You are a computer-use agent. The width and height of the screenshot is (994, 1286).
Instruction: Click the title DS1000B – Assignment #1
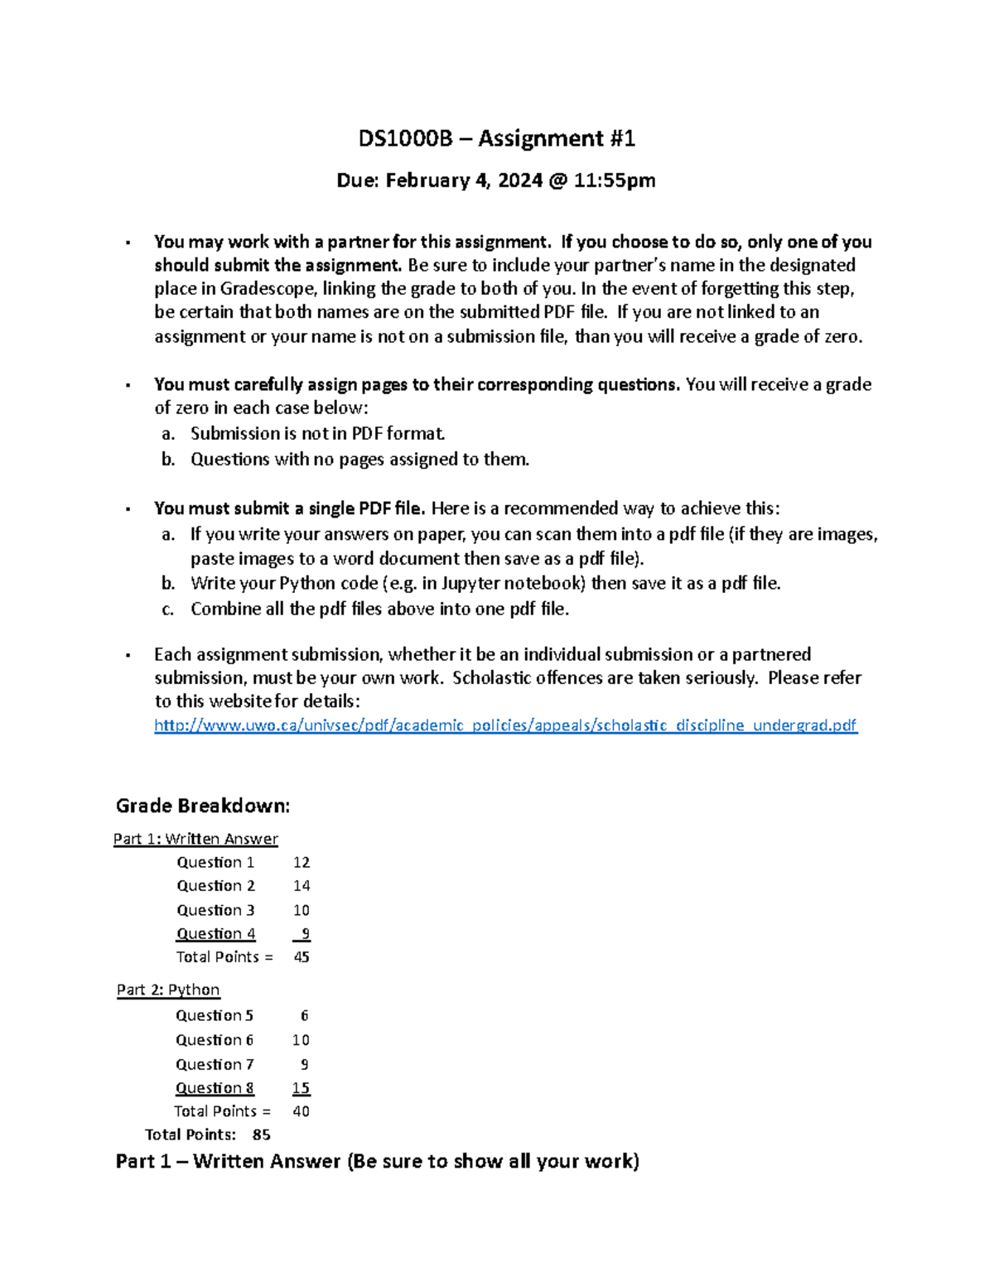coord(496,138)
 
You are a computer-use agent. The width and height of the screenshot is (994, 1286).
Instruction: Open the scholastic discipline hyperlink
coord(505,725)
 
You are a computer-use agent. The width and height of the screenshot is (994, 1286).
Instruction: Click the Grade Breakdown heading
coord(203,806)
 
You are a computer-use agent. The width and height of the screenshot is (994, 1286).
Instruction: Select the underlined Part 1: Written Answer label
coord(195,839)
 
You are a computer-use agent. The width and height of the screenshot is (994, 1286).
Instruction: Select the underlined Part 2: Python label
coord(168,990)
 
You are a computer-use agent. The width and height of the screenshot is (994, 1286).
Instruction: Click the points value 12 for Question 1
coord(302,862)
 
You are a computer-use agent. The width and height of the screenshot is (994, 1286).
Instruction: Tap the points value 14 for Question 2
coord(302,886)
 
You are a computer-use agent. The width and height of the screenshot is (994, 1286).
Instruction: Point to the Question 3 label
coord(215,910)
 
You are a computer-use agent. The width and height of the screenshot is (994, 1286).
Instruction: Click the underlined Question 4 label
coord(215,933)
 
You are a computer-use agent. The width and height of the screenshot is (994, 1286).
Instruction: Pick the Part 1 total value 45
coord(302,957)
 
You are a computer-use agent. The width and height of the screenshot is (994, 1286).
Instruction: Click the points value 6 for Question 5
coord(304,1015)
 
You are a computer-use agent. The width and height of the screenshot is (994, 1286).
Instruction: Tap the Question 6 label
coord(215,1040)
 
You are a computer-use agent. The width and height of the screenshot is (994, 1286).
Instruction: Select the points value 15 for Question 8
coord(301,1088)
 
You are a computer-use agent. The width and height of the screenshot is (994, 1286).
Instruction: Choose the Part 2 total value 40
coord(301,1111)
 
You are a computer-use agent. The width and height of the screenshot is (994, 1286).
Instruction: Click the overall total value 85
coord(261,1134)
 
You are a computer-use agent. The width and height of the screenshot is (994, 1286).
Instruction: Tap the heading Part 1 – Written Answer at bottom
coord(377,1161)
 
